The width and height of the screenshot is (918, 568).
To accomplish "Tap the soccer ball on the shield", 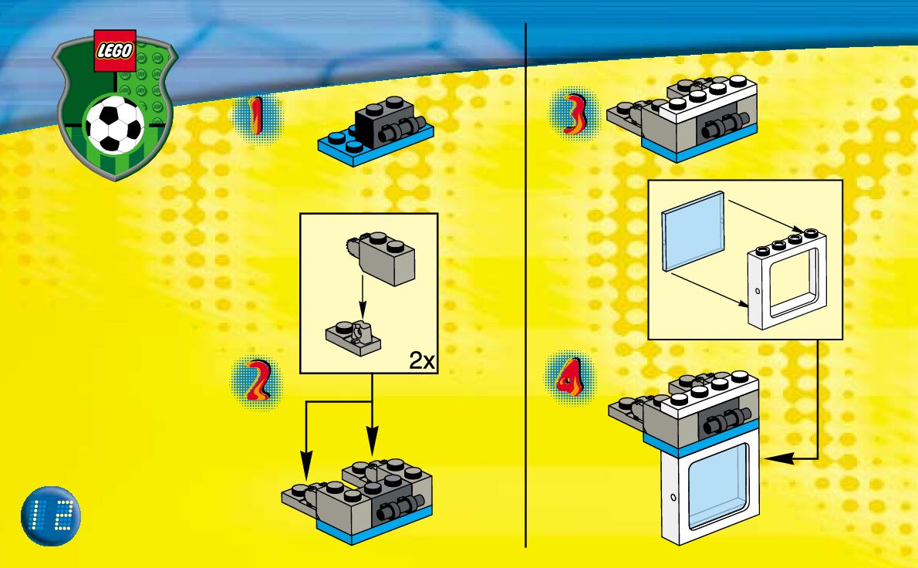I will coord(115,127).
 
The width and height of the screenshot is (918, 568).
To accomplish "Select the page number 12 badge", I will coord(52,512).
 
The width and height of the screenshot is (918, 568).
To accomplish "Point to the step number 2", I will coord(257,381).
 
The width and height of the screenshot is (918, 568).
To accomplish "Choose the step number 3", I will coord(572,115).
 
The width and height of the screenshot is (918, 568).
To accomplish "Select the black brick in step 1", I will coord(374,123).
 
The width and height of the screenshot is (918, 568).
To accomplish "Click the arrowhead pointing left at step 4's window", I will coord(774,458).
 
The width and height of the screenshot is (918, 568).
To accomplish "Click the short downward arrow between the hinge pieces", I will coord(363,297).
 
